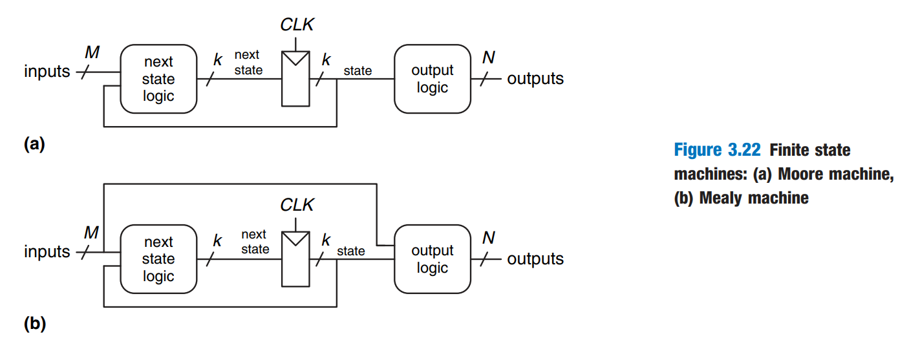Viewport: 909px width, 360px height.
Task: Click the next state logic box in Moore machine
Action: [158, 79]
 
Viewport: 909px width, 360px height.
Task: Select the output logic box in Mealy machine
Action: [432, 259]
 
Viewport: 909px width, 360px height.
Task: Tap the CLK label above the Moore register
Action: [297, 25]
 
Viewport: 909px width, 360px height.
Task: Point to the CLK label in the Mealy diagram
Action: [297, 206]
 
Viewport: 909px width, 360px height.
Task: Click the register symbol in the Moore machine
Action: [297, 79]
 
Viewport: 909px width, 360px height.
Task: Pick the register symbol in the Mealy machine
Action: [297, 259]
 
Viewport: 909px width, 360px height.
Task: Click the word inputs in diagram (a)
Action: [47, 71]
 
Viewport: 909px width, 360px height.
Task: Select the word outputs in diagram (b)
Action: [535, 259]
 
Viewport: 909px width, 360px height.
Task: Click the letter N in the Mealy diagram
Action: [489, 238]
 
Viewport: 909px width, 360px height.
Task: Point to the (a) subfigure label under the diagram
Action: [34, 144]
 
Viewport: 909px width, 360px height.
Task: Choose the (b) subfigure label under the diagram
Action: [34, 324]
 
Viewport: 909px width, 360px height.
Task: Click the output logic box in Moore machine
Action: [432, 79]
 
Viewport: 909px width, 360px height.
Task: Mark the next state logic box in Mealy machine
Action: [158, 259]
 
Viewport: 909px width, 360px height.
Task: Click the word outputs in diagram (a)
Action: [535, 79]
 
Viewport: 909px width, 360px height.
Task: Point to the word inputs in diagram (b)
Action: [47, 251]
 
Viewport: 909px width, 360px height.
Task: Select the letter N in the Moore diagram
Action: [489, 58]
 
